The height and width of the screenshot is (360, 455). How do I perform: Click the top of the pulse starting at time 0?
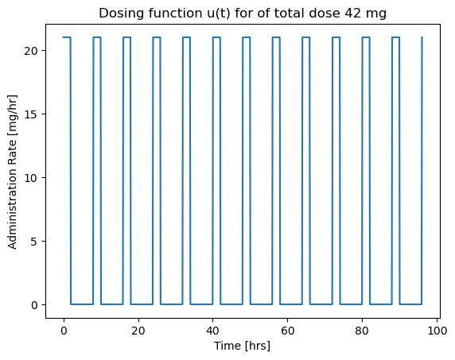67,37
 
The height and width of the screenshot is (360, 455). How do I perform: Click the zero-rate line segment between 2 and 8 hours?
82,304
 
